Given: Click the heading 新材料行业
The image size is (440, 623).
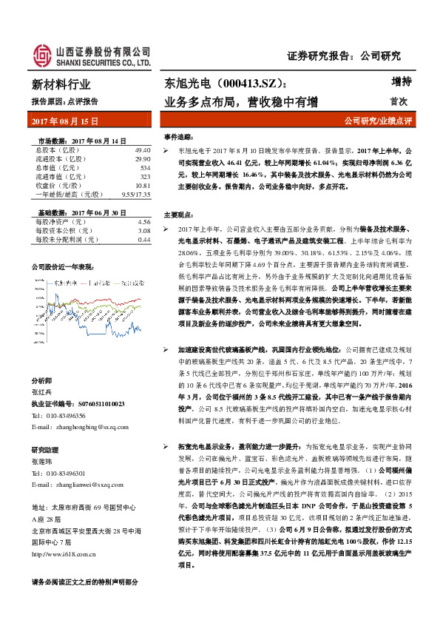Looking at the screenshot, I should (61, 84).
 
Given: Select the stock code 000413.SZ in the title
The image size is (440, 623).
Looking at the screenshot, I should (236, 85).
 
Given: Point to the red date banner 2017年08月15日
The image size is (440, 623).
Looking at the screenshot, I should (67, 121).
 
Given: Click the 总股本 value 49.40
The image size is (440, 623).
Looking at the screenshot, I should (143, 150).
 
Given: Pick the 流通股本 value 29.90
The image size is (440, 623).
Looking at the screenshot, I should (143, 159).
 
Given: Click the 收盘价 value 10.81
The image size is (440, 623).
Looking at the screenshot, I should (143, 186).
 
